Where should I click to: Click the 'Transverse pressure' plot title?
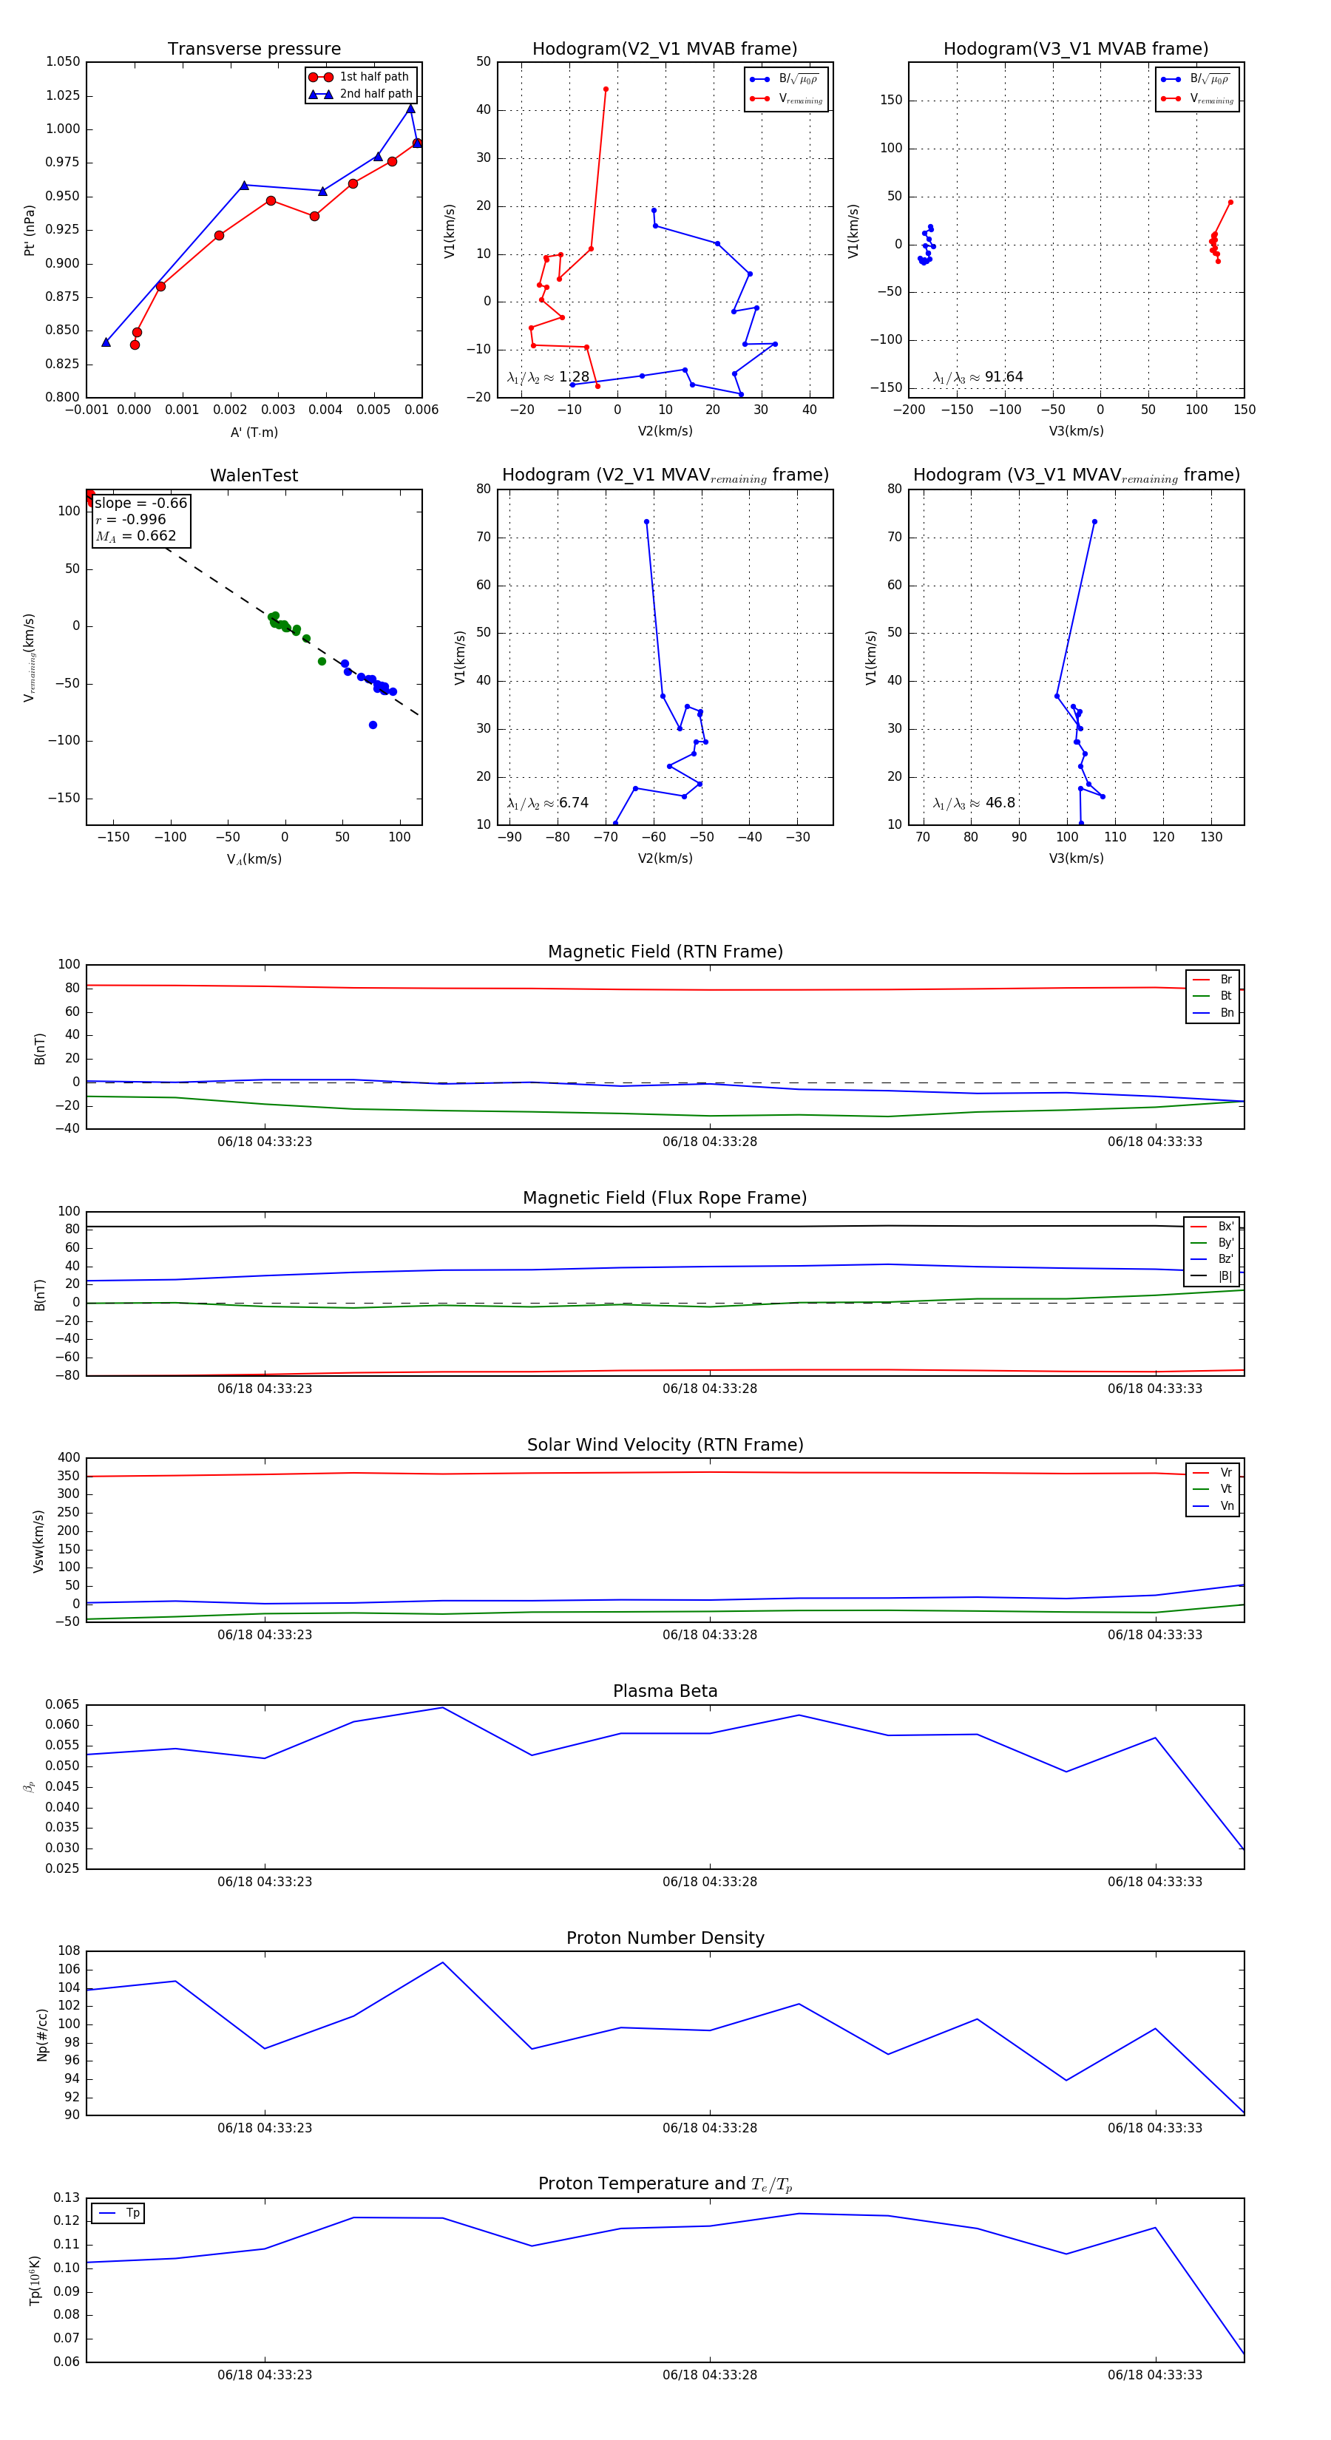(x=254, y=50)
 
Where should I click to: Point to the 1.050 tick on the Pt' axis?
(x=64, y=61)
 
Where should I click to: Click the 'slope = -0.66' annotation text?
(x=140, y=503)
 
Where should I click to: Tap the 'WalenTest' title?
(x=254, y=475)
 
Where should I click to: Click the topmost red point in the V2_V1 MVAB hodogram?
(x=606, y=89)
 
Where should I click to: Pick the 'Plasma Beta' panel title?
(x=665, y=1691)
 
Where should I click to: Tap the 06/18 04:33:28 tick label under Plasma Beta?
(x=710, y=1881)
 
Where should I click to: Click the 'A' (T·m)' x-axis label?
(x=254, y=432)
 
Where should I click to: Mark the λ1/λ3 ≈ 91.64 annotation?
(x=978, y=377)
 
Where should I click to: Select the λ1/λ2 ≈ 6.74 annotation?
(x=547, y=803)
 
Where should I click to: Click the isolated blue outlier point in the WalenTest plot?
(x=372, y=725)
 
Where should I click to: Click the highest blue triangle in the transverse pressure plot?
(x=410, y=109)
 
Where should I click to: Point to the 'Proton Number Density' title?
(x=665, y=1938)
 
